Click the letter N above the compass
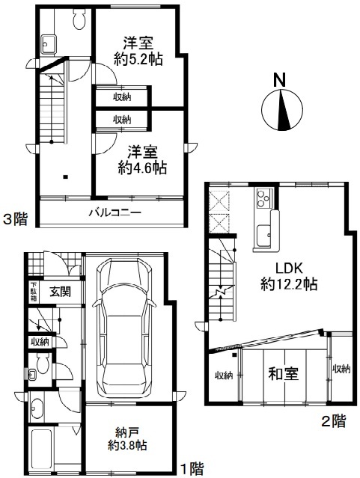279,80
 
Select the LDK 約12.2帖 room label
289,276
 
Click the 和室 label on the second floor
283,374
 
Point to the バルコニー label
115,212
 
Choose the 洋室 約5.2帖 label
138,51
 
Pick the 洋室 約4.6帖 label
142,160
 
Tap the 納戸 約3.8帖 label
127,439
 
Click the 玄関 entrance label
61,292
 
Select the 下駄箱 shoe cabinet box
34,292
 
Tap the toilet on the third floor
80,19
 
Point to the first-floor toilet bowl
41,363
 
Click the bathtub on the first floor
43,447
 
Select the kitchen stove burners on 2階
265,197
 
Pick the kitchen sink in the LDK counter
263,236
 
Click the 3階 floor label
15,219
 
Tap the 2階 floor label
334,421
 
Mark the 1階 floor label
192,469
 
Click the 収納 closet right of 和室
341,370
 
